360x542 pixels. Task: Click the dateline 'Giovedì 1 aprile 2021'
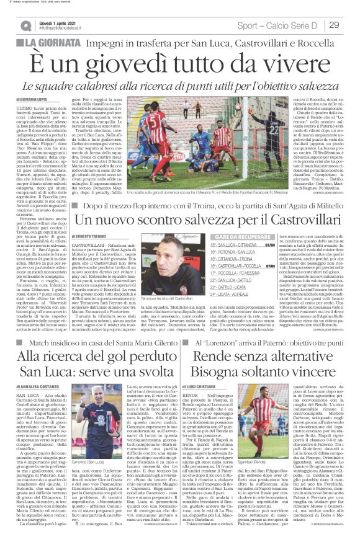tap(59, 21)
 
